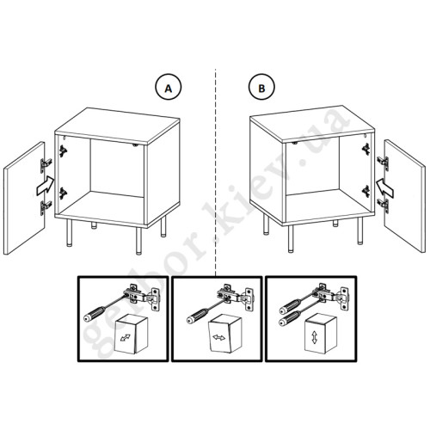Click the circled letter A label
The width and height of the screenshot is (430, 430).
pyautogui.click(x=169, y=87)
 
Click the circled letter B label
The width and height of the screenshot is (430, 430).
pyautogui.click(x=261, y=87)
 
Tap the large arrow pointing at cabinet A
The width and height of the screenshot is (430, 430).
pyautogui.click(x=46, y=186)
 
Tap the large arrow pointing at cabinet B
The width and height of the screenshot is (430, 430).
pyautogui.click(x=385, y=187)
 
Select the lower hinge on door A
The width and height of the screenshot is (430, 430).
pyautogui.click(x=46, y=206)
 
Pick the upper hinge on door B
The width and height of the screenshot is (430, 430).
pyautogui.click(x=384, y=163)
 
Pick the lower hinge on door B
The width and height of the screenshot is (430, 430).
pyautogui.click(x=384, y=206)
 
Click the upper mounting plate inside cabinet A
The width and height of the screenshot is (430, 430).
pyautogui.click(x=63, y=151)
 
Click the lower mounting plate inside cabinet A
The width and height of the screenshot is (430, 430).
pyautogui.click(x=63, y=193)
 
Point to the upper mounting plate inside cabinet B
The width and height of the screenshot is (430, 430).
pyautogui.click(x=366, y=149)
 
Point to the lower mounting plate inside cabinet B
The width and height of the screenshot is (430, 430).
pyautogui.click(x=366, y=192)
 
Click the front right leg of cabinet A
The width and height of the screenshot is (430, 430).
pyautogui.click(x=138, y=241)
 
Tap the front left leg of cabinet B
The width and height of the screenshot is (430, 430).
pyautogui.click(x=291, y=239)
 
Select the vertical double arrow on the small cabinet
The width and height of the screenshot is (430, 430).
pyautogui.click(x=315, y=337)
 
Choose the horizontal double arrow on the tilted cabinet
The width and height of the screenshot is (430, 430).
pyautogui.click(x=219, y=337)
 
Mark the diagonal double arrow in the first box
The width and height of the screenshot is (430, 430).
pyautogui.click(x=126, y=338)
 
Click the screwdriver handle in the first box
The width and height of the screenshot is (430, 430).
pyautogui.click(x=95, y=313)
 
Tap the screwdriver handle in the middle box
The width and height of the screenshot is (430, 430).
pyautogui.click(x=198, y=316)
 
